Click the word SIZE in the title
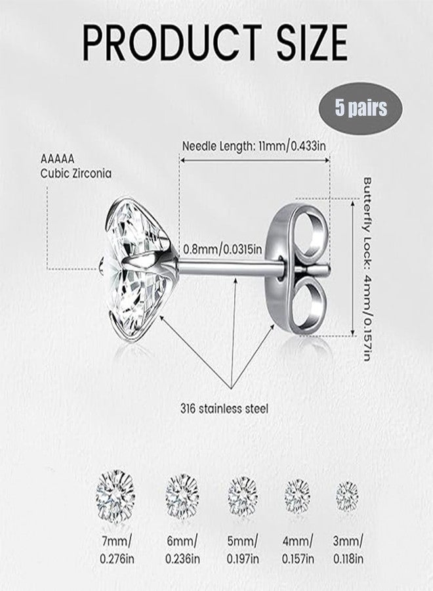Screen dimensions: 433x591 (312, 42)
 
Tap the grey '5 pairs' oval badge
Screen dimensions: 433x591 (361, 108)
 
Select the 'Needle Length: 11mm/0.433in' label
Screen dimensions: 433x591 (254, 146)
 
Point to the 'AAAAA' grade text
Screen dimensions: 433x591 (58, 159)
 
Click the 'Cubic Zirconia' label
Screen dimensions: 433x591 (76, 173)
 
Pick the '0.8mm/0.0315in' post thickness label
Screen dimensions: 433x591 (222, 249)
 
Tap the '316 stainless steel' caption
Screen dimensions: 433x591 (224, 408)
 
